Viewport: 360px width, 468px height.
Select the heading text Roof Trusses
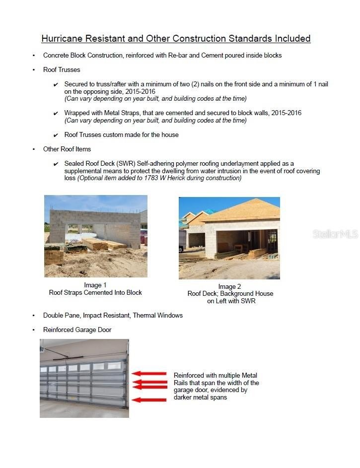[x=62, y=70]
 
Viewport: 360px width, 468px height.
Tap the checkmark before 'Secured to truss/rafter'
[x=56, y=85]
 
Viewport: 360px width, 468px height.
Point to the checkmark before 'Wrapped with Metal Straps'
[x=56, y=114]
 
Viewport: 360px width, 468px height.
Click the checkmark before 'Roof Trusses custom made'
[x=56, y=135]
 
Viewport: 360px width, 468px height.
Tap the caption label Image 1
[x=95, y=285]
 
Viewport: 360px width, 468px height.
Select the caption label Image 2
[x=229, y=286]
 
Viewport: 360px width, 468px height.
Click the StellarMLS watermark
[x=335, y=234]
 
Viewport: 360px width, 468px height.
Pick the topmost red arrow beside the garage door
[x=149, y=374]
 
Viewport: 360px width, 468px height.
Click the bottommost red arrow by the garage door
[x=149, y=400]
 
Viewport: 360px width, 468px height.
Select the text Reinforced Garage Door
[x=77, y=330]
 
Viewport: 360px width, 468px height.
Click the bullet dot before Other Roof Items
[x=34, y=149]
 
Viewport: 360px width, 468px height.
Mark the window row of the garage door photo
[x=82, y=368]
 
